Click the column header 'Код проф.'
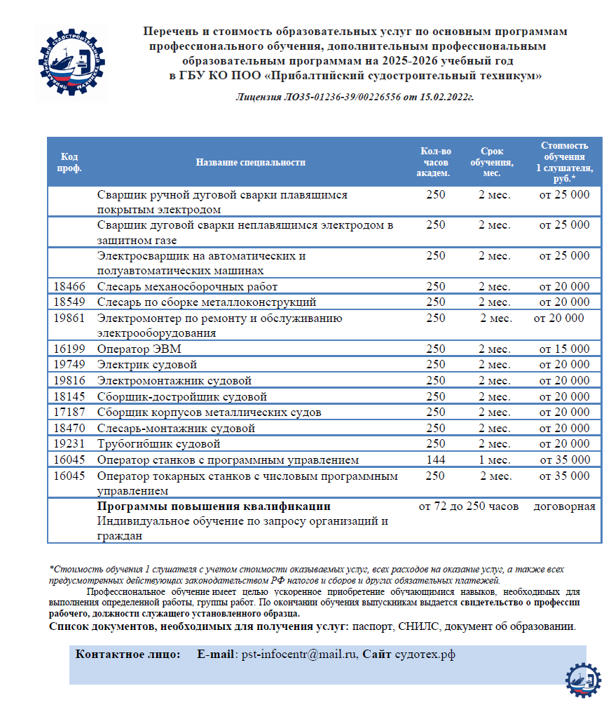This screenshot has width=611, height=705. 69,162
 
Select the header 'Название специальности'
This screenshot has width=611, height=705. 250,162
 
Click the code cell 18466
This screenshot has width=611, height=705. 69,287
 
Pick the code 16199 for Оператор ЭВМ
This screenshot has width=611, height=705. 69,349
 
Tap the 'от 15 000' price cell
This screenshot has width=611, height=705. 564,349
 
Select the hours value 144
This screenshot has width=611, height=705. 435,460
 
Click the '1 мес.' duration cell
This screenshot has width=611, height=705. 494,460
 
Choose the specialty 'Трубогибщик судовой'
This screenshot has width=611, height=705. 159,444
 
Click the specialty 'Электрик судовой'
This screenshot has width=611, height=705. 147,365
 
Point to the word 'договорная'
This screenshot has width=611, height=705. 564,506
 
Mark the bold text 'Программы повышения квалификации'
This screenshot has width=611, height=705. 214,506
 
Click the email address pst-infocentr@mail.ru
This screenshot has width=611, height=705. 300,654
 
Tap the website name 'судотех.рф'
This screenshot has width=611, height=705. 425,654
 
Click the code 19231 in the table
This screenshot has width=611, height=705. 69,444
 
